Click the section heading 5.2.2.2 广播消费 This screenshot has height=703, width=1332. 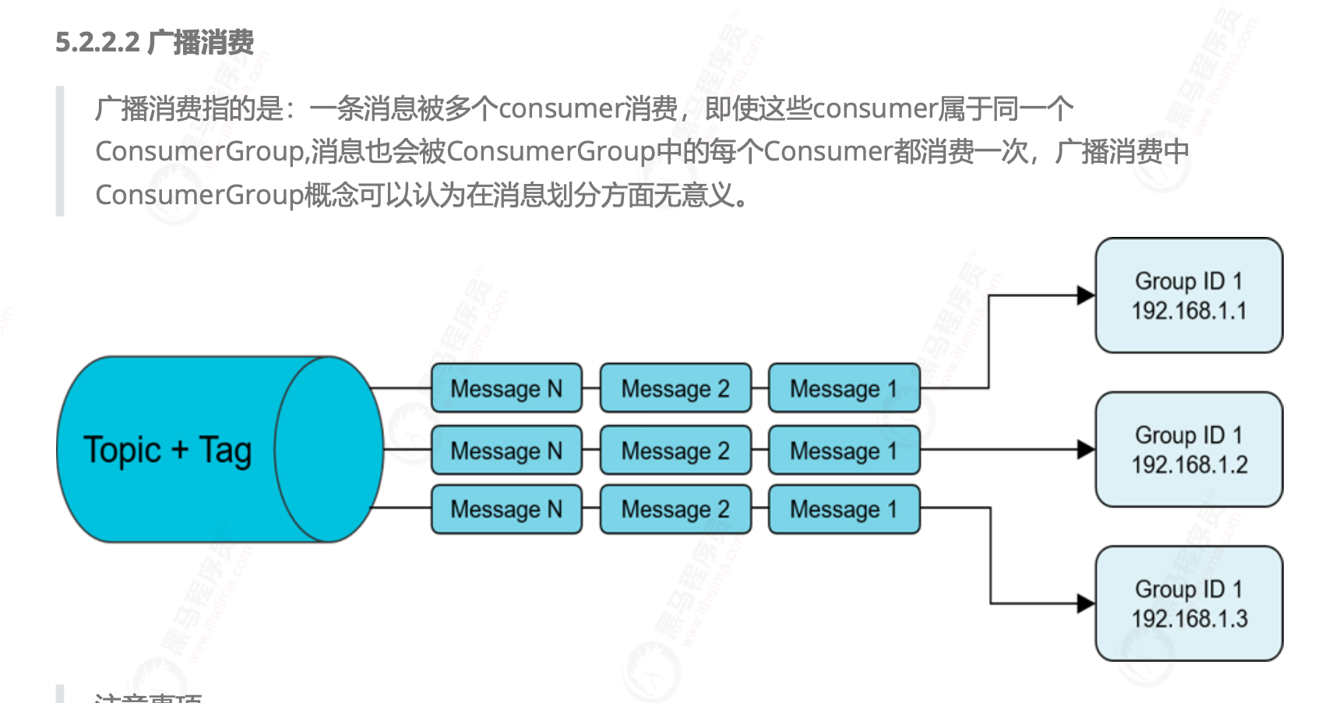pyautogui.click(x=154, y=42)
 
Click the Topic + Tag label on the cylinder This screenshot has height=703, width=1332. pyautogui.click(x=167, y=450)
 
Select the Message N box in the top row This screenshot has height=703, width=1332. pyautogui.click(x=506, y=388)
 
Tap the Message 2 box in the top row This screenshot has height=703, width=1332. pyautogui.click(x=675, y=388)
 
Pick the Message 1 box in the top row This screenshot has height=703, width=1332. pyautogui.click(x=844, y=388)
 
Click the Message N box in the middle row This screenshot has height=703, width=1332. pyautogui.click(x=506, y=450)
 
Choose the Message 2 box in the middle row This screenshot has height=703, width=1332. pyautogui.click(x=675, y=450)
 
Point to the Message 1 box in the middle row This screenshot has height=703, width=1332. pyautogui.click(x=844, y=450)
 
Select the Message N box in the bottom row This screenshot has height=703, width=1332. pyautogui.click(x=506, y=510)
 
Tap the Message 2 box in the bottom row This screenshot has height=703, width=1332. pyautogui.click(x=675, y=510)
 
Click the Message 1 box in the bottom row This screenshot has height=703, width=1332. pyautogui.click(x=844, y=510)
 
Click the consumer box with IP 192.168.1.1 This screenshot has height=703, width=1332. pyautogui.click(x=1189, y=295)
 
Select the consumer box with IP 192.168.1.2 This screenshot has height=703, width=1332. pyautogui.click(x=1189, y=450)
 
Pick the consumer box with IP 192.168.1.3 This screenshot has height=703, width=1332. pyautogui.click(x=1189, y=604)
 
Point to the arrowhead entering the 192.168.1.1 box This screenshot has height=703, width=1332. pyautogui.click(x=1086, y=295)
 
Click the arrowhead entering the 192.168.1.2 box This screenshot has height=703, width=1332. pyautogui.click(x=1086, y=450)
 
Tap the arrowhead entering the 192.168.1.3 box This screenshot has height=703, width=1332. pyautogui.click(x=1086, y=603)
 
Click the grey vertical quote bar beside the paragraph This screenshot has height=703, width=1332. pyautogui.click(x=60, y=151)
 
